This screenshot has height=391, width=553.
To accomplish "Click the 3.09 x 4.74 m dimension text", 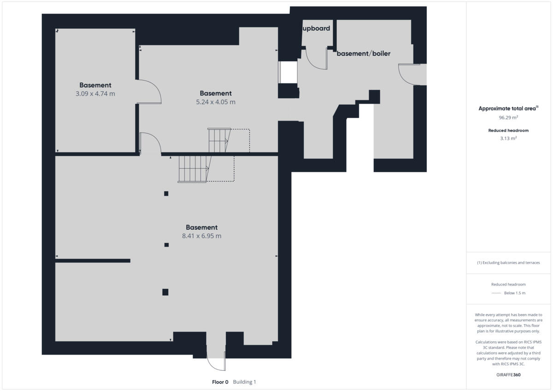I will point(95,94).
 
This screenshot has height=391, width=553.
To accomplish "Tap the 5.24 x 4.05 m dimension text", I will point(215,102).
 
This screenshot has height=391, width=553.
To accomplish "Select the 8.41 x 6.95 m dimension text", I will point(201,236).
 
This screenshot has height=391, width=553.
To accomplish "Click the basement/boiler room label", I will point(363,54).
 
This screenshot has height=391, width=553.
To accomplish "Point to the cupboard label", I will point(316,29).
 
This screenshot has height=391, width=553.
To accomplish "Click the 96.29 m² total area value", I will point(509,117).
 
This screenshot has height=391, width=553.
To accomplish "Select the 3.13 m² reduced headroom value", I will point(509,138).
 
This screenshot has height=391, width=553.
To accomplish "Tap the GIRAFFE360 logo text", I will point(509,375).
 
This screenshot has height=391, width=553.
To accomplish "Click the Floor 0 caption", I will point(220,382).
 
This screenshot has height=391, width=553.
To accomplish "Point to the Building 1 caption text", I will point(244,382).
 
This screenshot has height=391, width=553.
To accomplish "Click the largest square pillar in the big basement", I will point(165,292).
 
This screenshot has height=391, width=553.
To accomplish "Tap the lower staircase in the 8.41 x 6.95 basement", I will point(194,169).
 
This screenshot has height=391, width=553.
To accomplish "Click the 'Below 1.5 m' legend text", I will point(514,293).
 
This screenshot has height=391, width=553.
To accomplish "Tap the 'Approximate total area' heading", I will point(507,109).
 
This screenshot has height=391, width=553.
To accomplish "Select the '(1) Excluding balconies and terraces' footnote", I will point(508,263).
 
